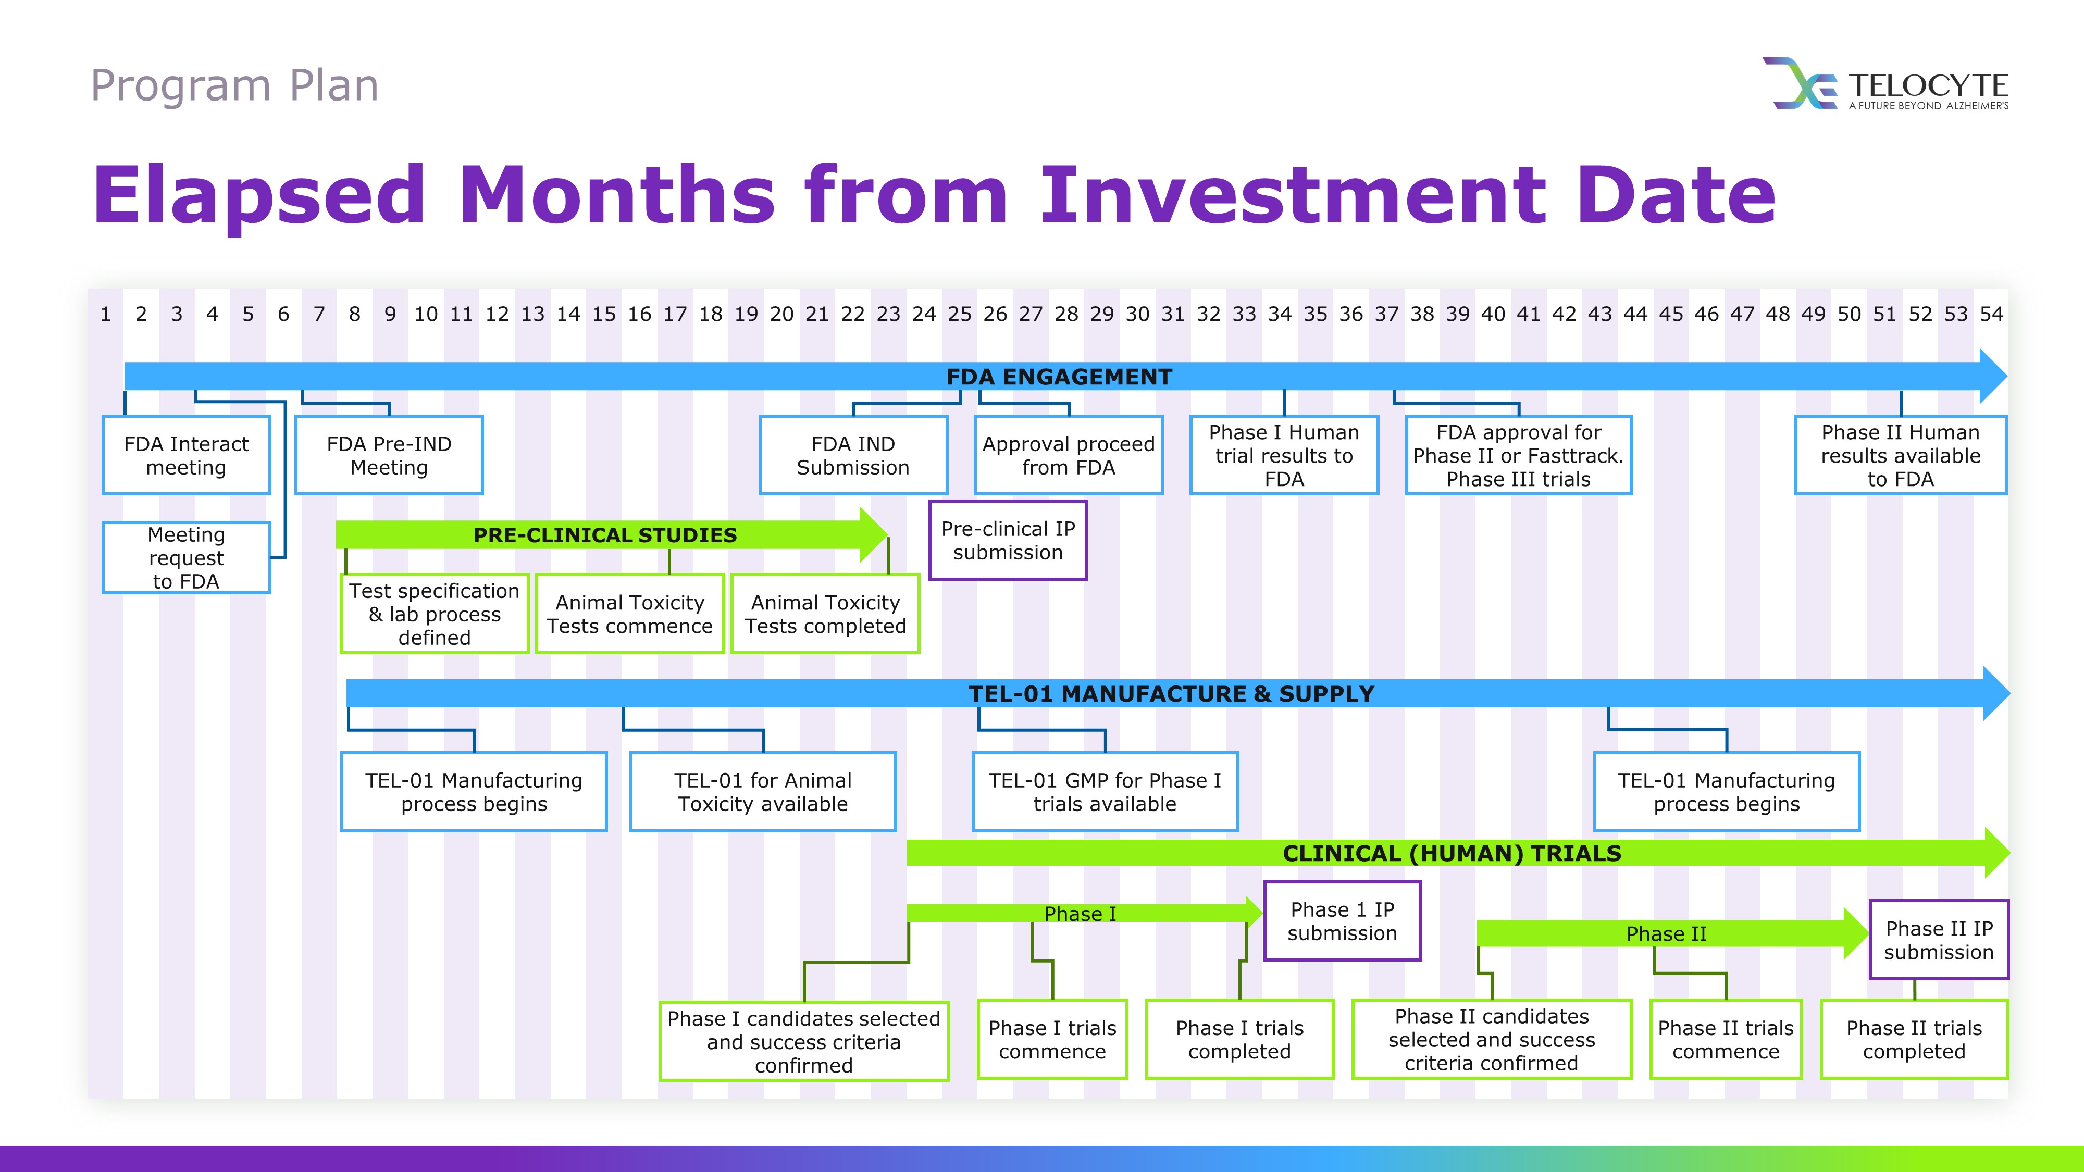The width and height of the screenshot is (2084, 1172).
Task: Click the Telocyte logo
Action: [x=1885, y=83]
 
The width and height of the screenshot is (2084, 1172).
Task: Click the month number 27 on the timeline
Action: [x=1031, y=314]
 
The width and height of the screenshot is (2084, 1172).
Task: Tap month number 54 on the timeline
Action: [x=1991, y=314]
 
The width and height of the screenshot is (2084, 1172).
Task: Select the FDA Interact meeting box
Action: [x=186, y=455]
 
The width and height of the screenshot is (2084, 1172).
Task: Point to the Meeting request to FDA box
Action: [x=186, y=558]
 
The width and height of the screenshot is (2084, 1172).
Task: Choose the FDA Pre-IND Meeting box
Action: [x=389, y=455]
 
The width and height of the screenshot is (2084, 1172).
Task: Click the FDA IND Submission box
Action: [x=853, y=455]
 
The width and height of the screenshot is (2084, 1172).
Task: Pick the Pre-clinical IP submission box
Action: [x=1008, y=540]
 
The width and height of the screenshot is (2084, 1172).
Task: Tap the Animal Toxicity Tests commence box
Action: [x=629, y=614]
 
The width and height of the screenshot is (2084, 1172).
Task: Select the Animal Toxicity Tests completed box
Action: [x=825, y=614]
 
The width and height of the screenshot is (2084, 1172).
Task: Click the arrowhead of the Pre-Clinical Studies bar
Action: [x=874, y=534]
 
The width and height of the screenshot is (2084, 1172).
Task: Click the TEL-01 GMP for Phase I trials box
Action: [x=1105, y=792]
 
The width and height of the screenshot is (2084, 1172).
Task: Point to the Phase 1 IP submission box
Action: [x=1342, y=921]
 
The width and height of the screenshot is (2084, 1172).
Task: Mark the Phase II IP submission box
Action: [x=1939, y=940]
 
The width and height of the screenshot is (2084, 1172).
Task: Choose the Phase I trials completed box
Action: [x=1239, y=1039]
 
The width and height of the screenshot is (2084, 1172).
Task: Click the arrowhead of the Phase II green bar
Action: [x=1856, y=933]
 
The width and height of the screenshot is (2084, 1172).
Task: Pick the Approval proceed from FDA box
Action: [x=1069, y=455]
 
